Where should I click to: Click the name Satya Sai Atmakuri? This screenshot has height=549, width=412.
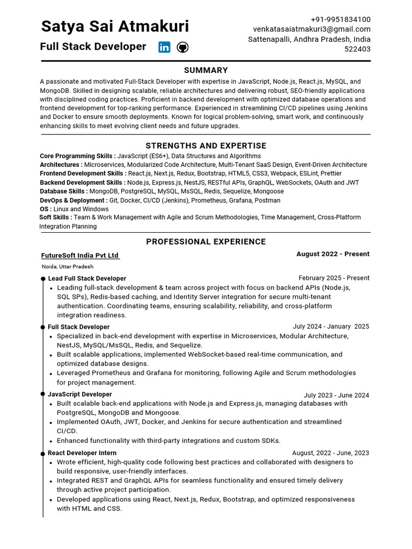pyautogui.click(x=115, y=26)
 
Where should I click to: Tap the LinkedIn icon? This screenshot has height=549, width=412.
pyautogui.click(x=164, y=47)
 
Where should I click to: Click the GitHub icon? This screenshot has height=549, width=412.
pyautogui.click(x=182, y=47)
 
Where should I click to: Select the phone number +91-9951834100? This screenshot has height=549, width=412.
pyautogui.click(x=341, y=19)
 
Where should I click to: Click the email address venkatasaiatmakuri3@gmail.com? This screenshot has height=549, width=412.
pyautogui.click(x=312, y=29)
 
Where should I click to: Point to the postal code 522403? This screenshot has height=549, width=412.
pyautogui.click(x=357, y=49)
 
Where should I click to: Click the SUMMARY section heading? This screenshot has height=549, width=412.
pyautogui.click(x=206, y=70)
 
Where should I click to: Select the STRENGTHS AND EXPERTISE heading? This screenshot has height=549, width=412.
pyautogui.click(x=206, y=146)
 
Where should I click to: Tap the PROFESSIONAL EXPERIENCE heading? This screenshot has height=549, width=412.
pyautogui.click(x=206, y=242)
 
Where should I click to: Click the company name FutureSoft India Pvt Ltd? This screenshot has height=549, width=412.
pyautogui.click(x=80, y=256)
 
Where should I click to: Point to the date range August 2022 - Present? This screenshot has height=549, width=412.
pyautogui.click(x=333, y=254)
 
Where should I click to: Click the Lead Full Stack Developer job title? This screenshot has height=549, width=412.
pyautogui.click(x=87, y=279)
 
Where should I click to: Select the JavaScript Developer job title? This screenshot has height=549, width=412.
pyautogui.click(x=80, y=395)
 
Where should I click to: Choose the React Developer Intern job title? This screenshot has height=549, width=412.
pyautogui.click(x=82, y=453)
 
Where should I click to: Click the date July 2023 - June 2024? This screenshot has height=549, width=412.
pyautogui.click(x=336, y=395)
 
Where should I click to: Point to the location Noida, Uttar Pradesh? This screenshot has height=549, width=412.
pyautogui.click(x=68, y=266)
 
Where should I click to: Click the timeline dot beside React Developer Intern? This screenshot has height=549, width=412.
pyautogui.click(x=43, y=454)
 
